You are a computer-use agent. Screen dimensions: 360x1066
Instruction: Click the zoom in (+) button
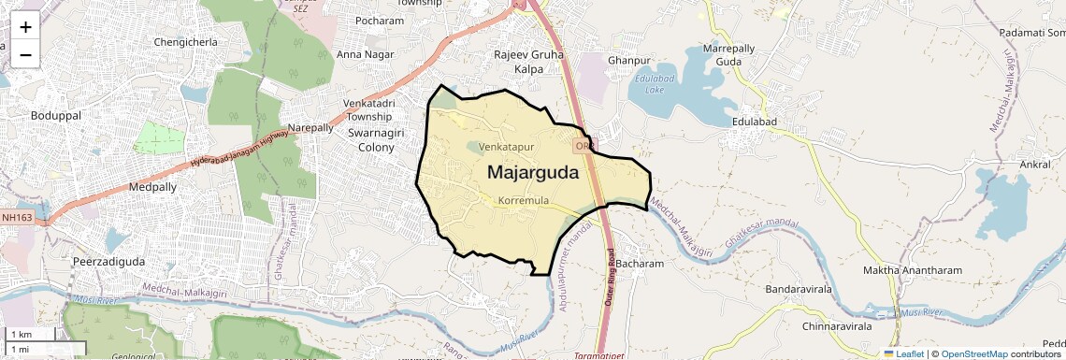(25, 27)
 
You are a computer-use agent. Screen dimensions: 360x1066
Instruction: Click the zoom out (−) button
(25, 54)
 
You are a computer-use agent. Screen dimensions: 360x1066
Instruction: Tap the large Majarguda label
(532, 173)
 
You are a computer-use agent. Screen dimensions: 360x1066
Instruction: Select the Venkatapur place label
(506, 148)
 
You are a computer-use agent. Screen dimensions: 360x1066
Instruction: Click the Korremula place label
(523, 201)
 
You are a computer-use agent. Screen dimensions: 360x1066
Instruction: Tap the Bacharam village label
(640, 264)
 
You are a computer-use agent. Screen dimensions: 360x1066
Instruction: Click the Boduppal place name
(56, 115)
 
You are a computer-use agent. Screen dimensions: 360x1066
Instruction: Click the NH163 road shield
(17, 218)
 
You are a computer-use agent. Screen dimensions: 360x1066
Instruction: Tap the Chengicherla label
(185, 42)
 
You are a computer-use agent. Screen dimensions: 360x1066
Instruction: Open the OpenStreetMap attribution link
(974, 354)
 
